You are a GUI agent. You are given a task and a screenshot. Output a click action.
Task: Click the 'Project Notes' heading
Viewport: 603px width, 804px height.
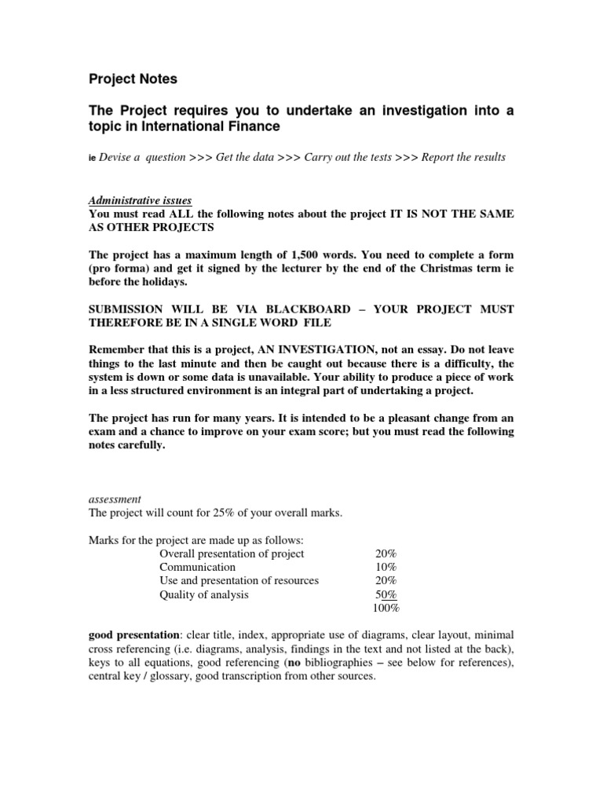coord(133,79)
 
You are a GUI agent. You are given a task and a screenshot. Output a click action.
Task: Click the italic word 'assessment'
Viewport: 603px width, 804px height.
coord(115,499)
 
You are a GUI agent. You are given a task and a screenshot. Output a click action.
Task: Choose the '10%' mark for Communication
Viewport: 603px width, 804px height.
coord(386,567)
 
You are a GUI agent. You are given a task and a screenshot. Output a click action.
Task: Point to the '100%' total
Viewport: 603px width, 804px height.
coord(386,608)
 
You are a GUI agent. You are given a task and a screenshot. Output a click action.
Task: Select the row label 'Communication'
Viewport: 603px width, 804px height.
coord(197,567)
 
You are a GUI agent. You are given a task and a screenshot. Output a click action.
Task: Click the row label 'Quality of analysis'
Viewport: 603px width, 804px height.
coord(204,594)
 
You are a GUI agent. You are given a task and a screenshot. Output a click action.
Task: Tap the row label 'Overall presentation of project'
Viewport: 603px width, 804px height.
coord(232,554)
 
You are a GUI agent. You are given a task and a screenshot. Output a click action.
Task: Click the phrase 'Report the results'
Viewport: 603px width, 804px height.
coord(464,157)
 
